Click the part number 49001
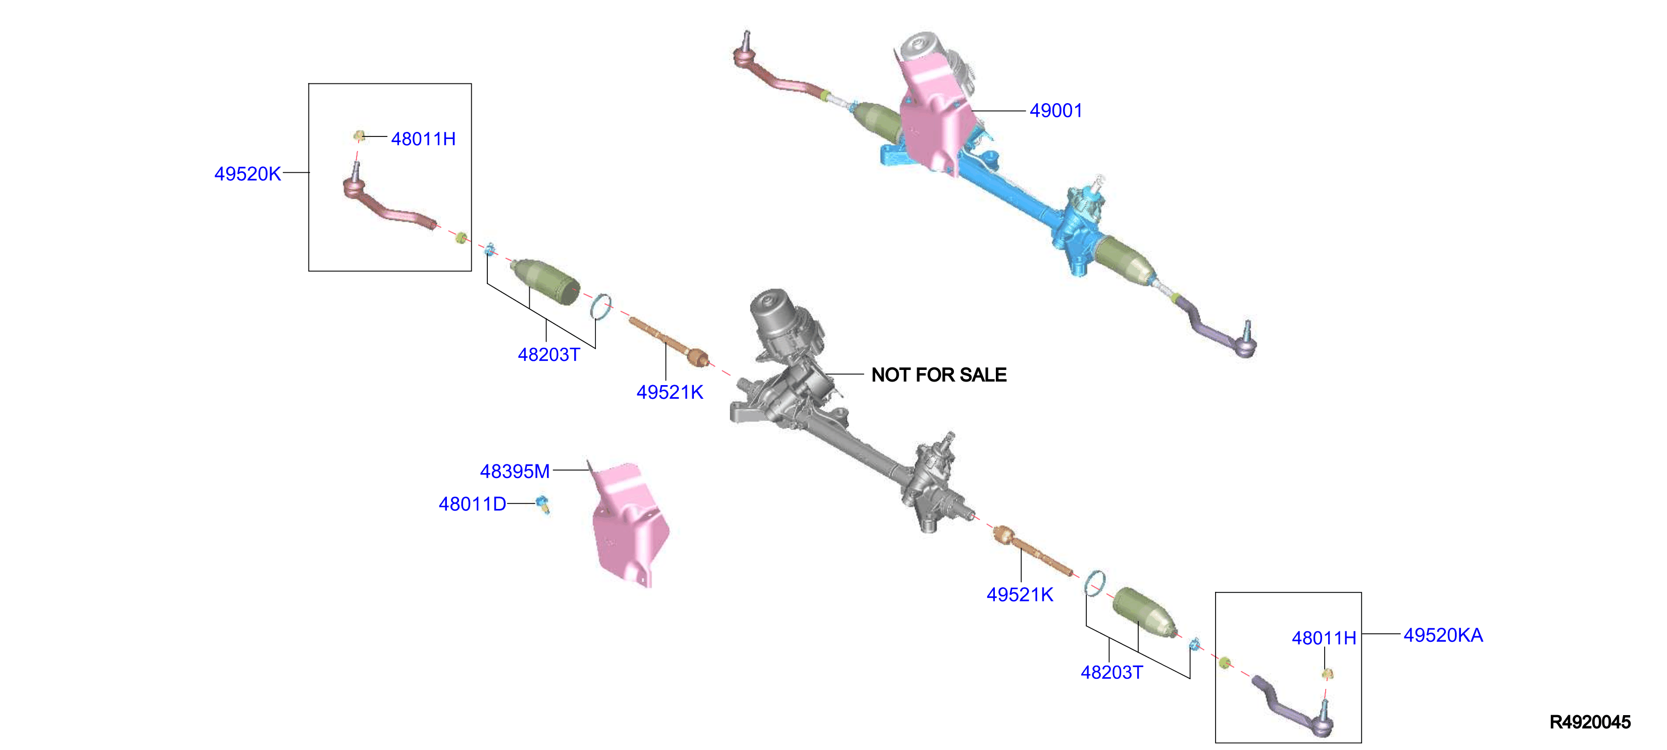[1055, 111]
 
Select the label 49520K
[247, 173]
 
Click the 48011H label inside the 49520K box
[423, 138]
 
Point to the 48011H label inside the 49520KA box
[1324, 638]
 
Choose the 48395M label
[515, 471]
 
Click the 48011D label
[472, 504]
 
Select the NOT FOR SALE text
[938, 374]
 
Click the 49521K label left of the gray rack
[669, 392]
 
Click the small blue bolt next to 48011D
[542, 504]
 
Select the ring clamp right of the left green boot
[600, 307]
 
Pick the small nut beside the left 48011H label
[359, 136]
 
